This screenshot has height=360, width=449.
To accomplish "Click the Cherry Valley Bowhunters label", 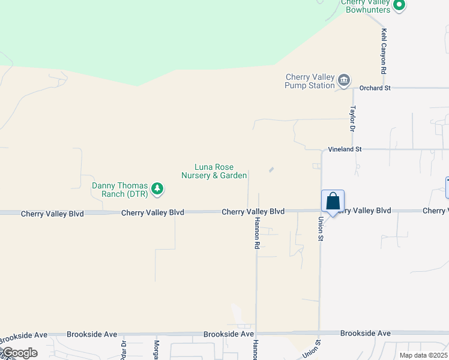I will (366, 6).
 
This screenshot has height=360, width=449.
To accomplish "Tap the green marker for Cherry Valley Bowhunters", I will (399, 6).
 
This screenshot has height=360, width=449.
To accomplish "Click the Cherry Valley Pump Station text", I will (310, 81).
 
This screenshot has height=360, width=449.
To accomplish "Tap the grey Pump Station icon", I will (344, 81).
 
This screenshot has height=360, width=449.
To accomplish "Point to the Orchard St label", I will (375, 88).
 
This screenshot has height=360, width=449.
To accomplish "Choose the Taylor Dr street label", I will (353, 119).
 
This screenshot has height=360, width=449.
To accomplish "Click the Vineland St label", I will (345, 149).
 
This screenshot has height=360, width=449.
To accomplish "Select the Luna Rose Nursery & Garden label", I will (214, 171).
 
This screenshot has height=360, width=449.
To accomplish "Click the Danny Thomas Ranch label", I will (119, 190).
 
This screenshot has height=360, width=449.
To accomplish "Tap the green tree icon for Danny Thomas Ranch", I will (157, 190).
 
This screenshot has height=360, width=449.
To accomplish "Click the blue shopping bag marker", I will (333, 202).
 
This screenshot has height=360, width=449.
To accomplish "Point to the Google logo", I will (19, 353).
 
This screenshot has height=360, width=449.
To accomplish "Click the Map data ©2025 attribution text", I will (423, 355).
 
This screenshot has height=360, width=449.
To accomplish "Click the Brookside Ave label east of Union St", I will (365, 333).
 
